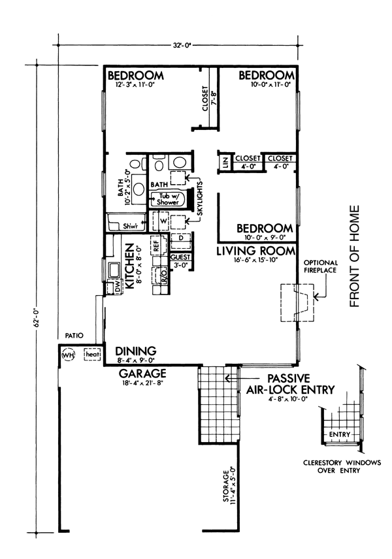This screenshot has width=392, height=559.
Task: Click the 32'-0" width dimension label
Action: (x=182, y=45)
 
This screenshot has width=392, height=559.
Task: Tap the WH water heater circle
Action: (x=67, y=355)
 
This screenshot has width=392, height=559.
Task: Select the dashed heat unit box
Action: (x=92, y=355)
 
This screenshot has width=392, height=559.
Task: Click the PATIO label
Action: (x=74, y=336)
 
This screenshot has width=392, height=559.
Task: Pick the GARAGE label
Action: (x=142, y=374)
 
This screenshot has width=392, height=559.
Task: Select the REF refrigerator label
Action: (x=156, y=246)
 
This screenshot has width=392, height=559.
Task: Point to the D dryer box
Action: (x=181, y=238)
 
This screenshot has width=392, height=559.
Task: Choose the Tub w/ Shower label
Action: (x=168, y=199)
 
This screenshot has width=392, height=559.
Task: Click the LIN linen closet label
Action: (x=225, y=163)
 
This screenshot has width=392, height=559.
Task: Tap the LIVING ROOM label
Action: (x=256, y=251)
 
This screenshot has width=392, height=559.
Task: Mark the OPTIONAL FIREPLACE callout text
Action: (x=320, y=266)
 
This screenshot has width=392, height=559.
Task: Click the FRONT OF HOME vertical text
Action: (x=354, y=256)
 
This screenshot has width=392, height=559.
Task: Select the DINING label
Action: (x=135, y=351)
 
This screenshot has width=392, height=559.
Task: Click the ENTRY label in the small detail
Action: (x=340, y=434)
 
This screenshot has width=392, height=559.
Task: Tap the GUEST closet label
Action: (x=180, y=257)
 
